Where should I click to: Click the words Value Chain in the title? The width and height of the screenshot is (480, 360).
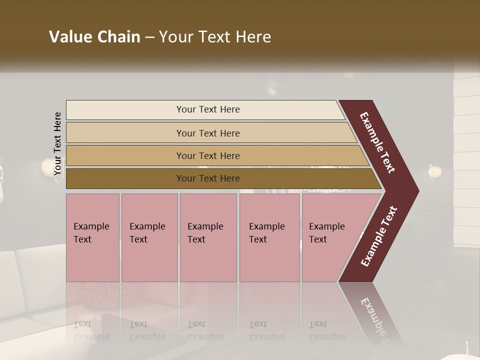tap(94, 37)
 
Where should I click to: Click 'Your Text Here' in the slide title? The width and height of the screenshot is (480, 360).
tap(215, 37)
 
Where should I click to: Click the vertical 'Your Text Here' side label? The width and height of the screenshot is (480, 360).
tap(58, 143)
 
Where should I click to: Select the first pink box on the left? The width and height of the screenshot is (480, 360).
tap(92, 237)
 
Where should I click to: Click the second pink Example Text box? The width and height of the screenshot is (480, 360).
tap(149, 237)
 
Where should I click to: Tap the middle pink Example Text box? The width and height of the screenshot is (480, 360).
tap(208, 237)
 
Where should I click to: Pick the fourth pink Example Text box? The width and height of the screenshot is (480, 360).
tap(269, 237)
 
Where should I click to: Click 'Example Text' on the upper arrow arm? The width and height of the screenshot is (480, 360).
tap(377, 142)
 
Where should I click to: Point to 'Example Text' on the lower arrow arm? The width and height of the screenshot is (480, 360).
tap(378, 236)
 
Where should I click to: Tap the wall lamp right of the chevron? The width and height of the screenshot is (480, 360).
tap(435, 172)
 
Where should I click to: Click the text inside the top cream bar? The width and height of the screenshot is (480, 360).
tap(208, 109)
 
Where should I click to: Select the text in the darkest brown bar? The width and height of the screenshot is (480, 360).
tap(208, 178)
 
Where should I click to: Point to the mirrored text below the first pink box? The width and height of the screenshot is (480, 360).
tap(91, 330)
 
